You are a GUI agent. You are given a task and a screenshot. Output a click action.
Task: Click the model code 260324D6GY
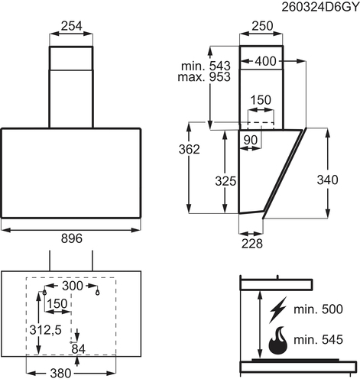320,7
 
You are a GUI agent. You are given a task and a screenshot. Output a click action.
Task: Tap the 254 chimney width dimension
72,26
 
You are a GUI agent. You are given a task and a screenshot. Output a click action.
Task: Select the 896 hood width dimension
72,238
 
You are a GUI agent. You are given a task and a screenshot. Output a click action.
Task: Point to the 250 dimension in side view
262,26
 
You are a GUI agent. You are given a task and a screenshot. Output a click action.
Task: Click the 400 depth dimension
265,61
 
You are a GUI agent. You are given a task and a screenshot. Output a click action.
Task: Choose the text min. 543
206,66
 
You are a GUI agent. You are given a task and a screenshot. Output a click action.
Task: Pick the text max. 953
204,77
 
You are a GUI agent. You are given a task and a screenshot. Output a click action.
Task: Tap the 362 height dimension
190,150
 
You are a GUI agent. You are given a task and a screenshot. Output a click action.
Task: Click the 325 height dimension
225,181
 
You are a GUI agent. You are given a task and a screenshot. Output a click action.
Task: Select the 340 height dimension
327,180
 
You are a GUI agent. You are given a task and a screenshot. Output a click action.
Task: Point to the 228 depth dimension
252,244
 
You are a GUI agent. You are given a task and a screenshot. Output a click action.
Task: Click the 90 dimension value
251,140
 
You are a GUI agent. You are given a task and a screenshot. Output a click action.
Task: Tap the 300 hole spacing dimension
73,286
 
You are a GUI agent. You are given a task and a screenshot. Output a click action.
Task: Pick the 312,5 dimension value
46,330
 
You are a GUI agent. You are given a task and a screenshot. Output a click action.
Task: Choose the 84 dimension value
78,349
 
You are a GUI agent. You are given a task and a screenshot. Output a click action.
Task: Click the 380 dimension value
60,374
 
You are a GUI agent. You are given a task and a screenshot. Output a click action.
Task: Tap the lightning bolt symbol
277,310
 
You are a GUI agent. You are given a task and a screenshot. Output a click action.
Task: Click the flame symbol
278,340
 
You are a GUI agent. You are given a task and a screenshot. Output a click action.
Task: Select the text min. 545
318,340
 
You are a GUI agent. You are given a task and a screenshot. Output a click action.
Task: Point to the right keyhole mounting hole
97,293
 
